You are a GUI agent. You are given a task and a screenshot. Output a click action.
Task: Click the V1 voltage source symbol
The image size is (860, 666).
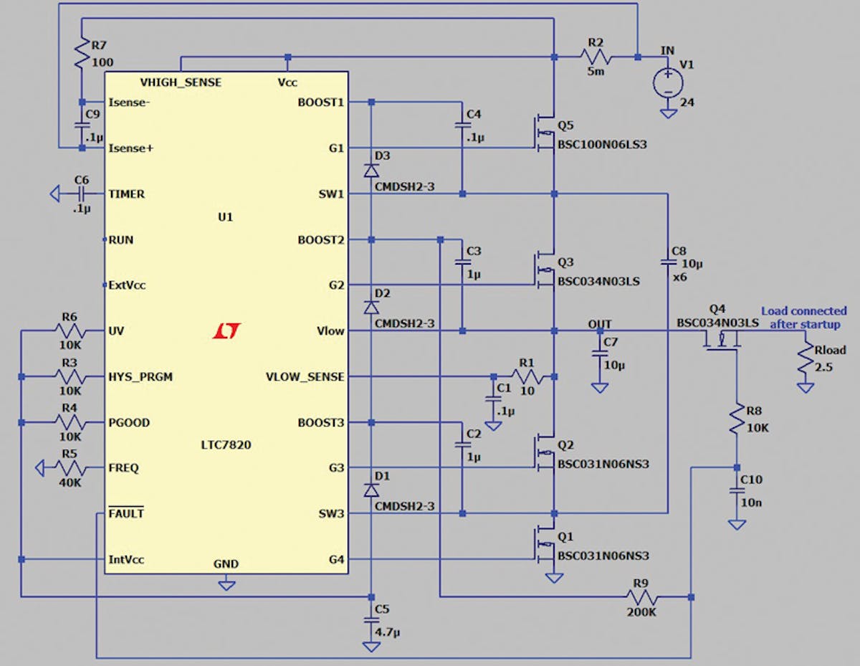point(667,83)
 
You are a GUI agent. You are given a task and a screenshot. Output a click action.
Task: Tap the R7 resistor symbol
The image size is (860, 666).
point(82,52)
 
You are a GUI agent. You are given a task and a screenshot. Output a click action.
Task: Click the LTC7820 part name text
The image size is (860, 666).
point(226,445)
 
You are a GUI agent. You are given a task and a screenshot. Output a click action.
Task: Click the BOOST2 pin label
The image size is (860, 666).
point(320,239)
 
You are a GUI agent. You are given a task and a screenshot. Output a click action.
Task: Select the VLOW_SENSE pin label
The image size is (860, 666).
point(305,377)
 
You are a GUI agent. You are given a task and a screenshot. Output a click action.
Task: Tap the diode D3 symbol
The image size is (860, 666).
point(371,170)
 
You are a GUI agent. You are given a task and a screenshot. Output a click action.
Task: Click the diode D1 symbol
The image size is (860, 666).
point(371,490)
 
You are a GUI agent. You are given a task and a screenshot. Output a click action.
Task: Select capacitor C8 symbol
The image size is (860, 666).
point(667,262)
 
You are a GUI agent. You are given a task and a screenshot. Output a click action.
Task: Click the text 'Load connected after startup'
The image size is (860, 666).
point(803,318)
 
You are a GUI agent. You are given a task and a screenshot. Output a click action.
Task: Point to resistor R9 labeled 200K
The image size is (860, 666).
point(641,596)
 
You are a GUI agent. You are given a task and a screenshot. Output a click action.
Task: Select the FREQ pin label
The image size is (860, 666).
point(123,468)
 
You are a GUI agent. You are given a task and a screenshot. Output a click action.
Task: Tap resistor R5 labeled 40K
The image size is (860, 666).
point(70,469)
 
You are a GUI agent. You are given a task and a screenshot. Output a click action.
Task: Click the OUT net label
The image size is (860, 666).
point(600,324)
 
